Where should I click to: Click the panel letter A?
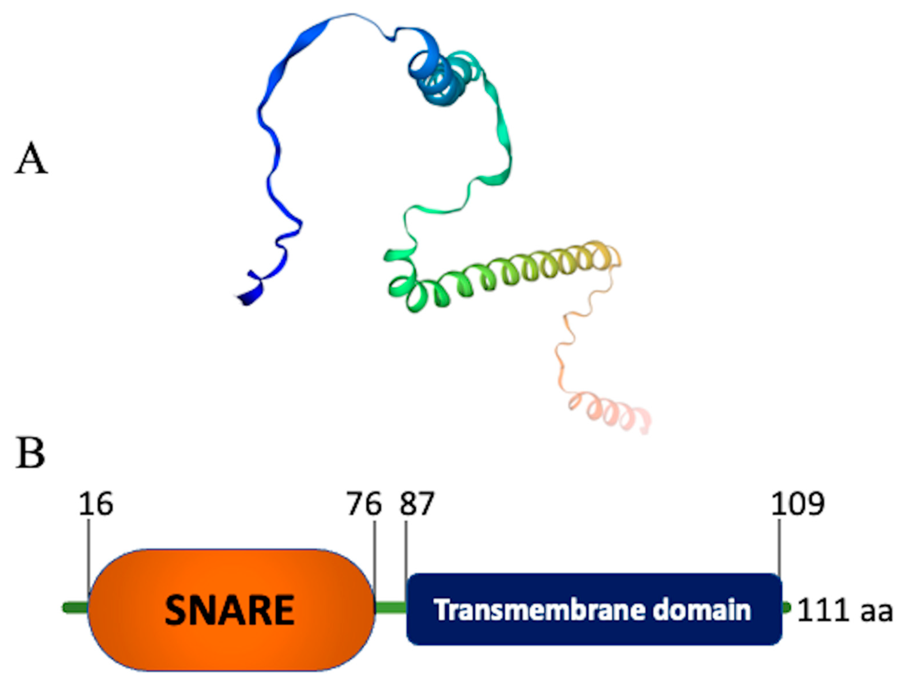tap(31, 159)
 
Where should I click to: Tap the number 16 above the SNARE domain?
tap(96, 504)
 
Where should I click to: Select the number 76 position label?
tap(364, 504)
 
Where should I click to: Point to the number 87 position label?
tap(417, 504)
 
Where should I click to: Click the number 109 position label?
tap(797, 504)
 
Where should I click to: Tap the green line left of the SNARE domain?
tap(75, 608)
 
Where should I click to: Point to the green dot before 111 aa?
tap(786, 608)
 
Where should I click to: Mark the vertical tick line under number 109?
tap(779, 546)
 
